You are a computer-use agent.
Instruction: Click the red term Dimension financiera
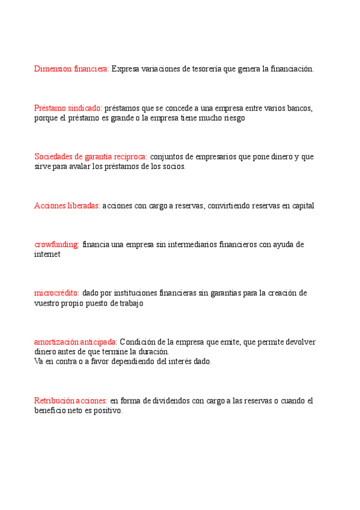click(72, 69)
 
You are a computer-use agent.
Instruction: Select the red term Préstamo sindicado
click(68, 108)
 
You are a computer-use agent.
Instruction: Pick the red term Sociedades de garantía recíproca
click(90, 157)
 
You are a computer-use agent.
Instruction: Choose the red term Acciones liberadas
click(67, 206)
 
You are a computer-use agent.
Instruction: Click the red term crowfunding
click(56, 245)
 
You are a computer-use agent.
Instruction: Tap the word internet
click(47, 254)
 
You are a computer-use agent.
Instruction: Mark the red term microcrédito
click(56, 293)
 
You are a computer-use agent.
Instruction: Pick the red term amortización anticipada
click(75, 342)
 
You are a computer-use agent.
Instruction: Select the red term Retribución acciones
click(70, 401)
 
